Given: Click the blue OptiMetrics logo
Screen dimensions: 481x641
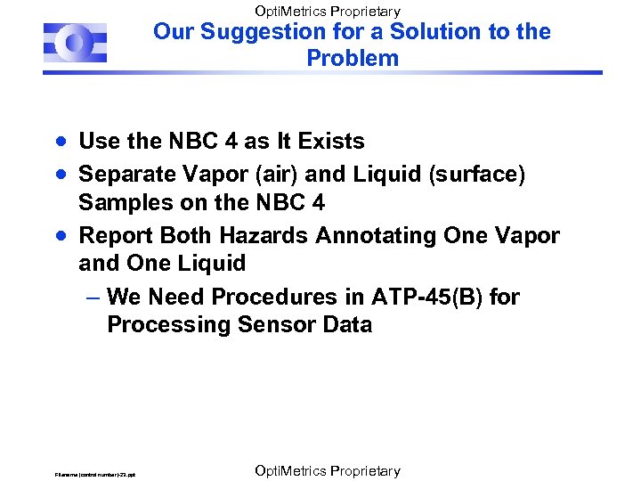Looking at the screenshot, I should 75,42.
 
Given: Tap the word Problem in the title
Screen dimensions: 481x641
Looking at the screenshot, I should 353,59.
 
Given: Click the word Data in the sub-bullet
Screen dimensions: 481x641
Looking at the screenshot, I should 346,324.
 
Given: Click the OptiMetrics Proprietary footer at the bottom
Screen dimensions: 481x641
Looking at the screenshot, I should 327,471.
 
